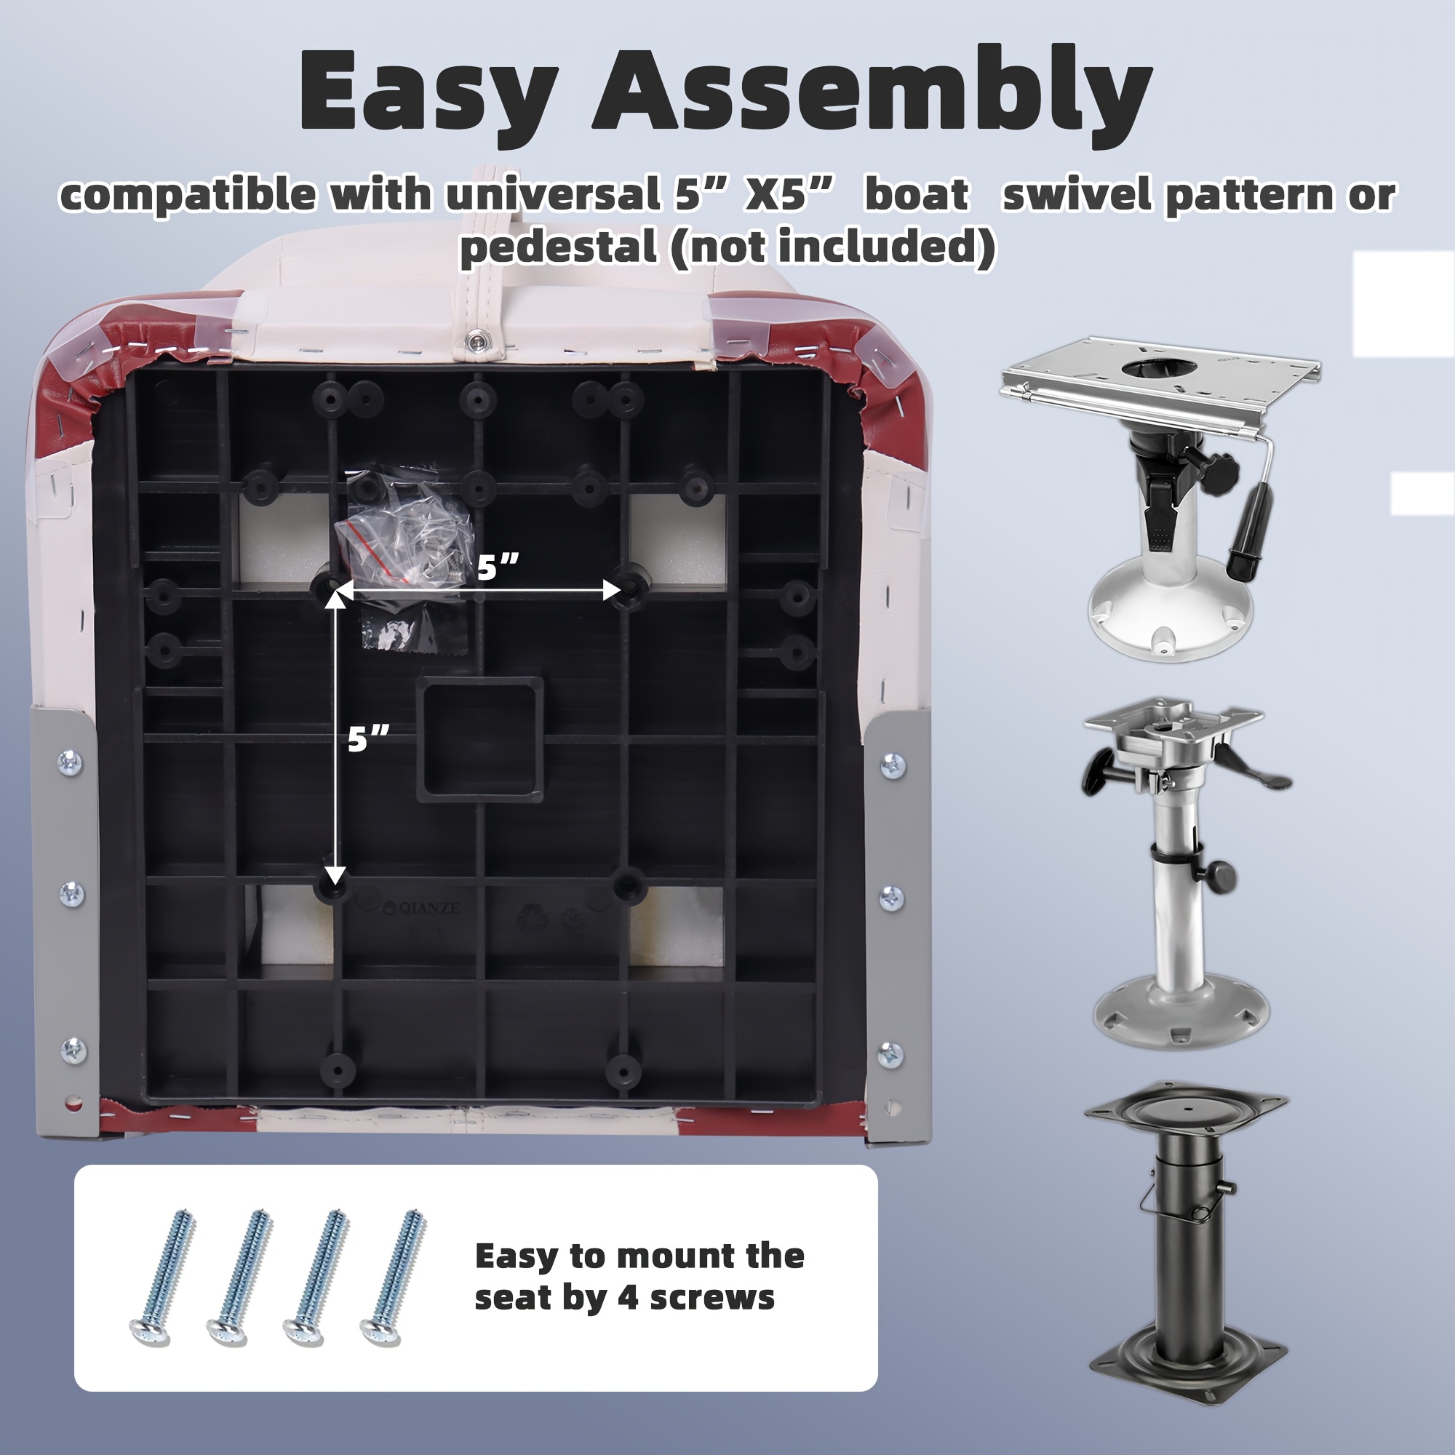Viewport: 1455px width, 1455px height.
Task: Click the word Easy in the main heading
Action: pos(428,92)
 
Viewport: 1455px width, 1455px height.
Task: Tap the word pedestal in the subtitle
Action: pos(558,247)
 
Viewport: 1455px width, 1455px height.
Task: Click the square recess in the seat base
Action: pos(480,739)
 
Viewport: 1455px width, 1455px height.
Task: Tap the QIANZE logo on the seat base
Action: pos(420,908)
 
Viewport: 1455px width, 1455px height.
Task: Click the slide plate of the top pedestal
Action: pos(1160,384)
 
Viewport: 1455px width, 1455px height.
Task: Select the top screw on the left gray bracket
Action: pos(70,762)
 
